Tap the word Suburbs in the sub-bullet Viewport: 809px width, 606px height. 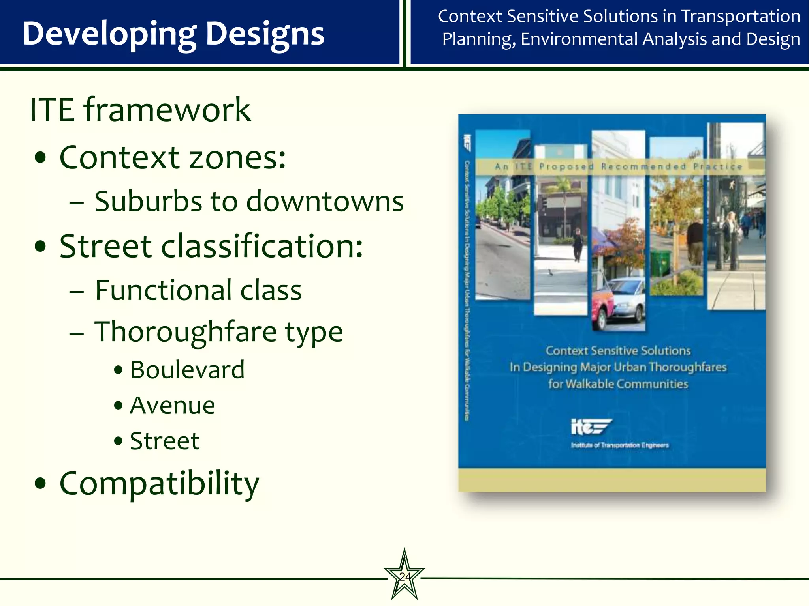point(149,202)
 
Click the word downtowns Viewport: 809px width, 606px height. point(325,202)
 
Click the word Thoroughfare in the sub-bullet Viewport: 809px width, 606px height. point(186,331)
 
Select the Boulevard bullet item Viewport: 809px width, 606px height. point(187,370)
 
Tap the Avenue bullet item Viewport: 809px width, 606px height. point(173,406)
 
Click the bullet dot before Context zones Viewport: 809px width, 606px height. point(40,158)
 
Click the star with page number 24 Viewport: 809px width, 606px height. point(404,576)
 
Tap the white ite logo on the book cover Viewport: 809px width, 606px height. point(591,427)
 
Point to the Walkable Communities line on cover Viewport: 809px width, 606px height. point(618,384)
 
